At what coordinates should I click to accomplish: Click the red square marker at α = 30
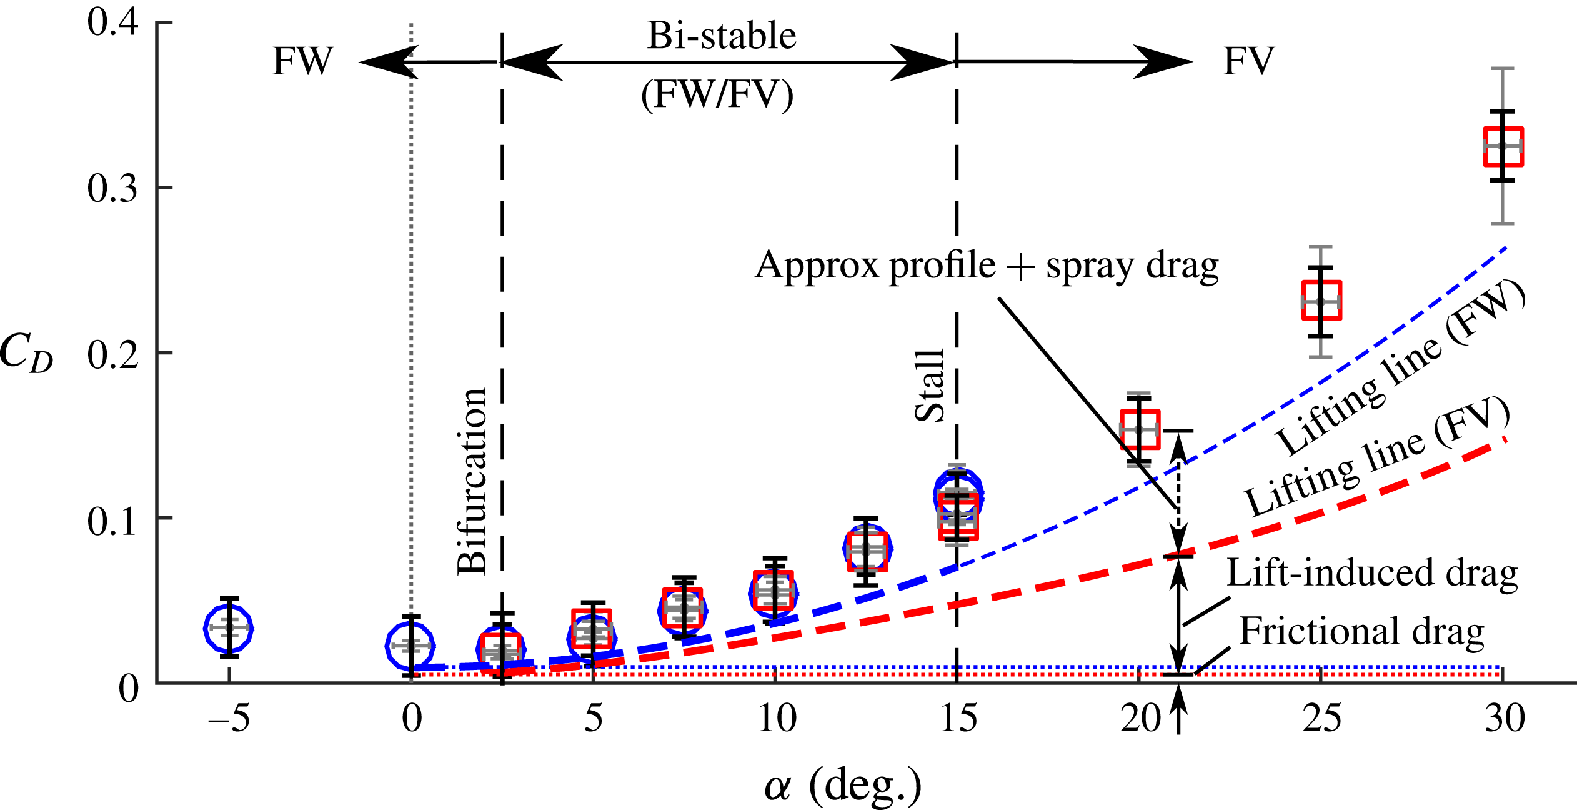point(1503,146)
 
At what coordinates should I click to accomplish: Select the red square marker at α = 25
point(1321,301)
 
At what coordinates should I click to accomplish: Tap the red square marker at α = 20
point(1140,429)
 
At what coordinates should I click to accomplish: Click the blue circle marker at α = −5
point(229,628)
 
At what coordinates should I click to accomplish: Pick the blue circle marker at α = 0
point(410,646)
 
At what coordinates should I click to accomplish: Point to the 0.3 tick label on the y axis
point(112,187)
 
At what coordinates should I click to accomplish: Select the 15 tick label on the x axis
point(958,718)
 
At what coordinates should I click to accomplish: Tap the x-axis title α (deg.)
point(843,785)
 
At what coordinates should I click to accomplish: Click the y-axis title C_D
point(26,353)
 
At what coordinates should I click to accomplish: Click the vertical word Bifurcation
point(472,481)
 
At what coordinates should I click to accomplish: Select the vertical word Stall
point(929,386)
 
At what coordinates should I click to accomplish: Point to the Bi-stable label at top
point(722,36)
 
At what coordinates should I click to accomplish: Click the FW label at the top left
point(303,61)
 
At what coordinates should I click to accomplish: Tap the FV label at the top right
point(1248,61)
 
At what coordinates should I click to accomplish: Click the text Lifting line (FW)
point(1400,369)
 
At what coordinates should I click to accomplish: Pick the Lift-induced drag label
point(1372,573)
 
